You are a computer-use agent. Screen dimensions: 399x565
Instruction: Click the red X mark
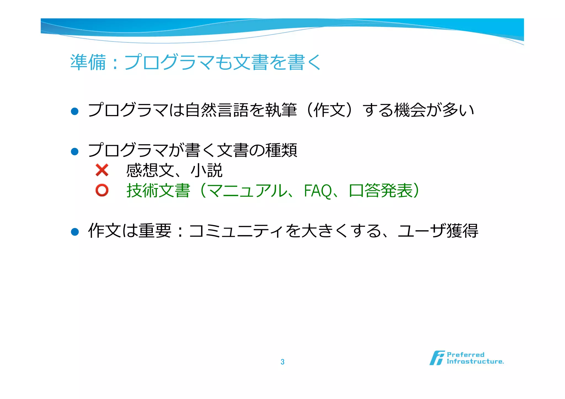click(x=102, y=170)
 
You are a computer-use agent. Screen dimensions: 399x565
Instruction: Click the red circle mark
click(x=102, y=190)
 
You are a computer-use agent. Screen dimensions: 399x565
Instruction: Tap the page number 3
click(x=282, y=362)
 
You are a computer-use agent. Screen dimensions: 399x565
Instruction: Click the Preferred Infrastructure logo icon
click(x=437, y=358)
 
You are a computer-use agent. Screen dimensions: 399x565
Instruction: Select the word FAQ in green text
click(x=318, y=191)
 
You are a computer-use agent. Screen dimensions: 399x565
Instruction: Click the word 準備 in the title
click(x=88, y=62)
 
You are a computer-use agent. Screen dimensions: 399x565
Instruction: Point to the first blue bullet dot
click(x=75, y=111)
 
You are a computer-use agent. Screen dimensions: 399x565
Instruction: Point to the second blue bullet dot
click(x=75, y=151)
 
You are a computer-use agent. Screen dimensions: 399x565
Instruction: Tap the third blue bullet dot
click(x=75, y=232)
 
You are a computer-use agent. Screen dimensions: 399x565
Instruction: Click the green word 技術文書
click(x=158, y=191)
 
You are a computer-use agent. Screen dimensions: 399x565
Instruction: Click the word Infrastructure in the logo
click(x=475, y=361)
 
